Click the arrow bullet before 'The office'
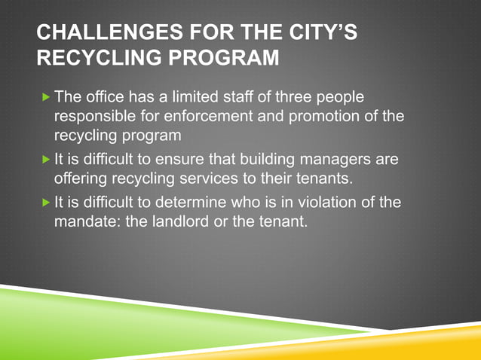click(47, 96)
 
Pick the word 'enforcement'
click(209, 117)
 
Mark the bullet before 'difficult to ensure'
click(47, 159)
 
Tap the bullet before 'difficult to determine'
click(47, 201)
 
